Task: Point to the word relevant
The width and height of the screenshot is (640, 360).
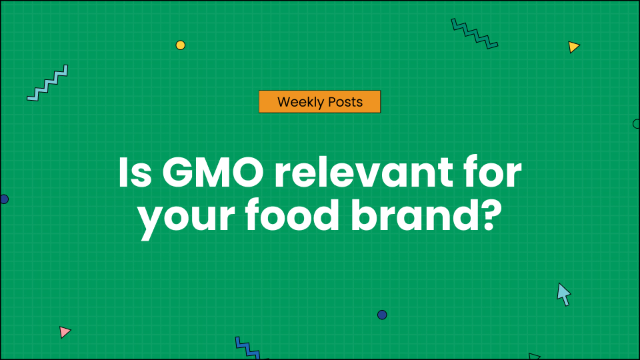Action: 359,175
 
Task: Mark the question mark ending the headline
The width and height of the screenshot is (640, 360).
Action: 490,218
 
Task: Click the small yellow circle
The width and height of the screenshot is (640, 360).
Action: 180,45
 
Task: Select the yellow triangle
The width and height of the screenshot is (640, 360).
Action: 573,47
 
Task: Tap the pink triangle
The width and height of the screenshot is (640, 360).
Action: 64,331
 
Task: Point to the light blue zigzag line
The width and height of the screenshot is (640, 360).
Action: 48,83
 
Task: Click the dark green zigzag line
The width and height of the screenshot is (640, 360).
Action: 474,33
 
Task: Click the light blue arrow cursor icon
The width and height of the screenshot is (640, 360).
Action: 563,293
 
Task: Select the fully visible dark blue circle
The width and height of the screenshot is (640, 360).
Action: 382,315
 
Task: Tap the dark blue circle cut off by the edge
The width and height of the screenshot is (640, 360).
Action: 3,199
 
